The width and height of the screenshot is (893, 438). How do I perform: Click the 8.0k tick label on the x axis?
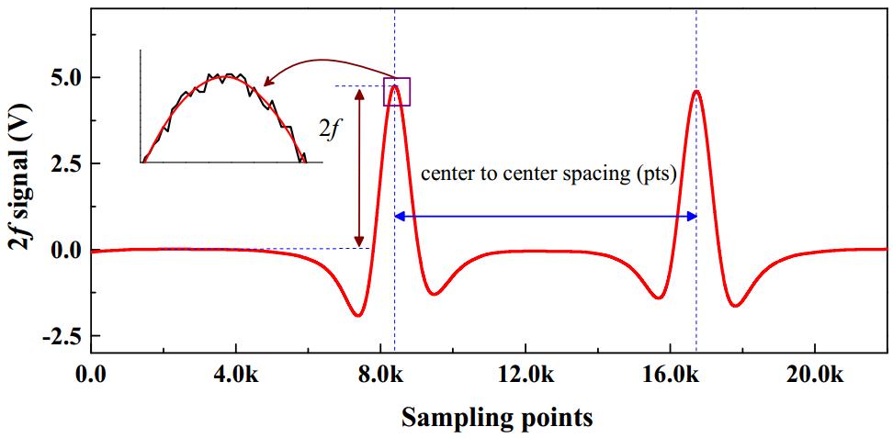pyautogui.click(x=380, y=375)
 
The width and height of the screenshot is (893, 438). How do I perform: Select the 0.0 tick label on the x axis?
pyautogui.click(x=91, y=375)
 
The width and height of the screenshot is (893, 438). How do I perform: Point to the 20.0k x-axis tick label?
pyautogui.click(x=814, y=375)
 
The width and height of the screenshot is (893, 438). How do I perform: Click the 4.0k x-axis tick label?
pyautogui.click(x=236, y=375)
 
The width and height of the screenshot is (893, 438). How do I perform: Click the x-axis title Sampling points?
pyautogui.click(x=496, y=418)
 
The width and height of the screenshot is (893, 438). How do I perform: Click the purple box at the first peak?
pyautogui.click(x=396, y=91)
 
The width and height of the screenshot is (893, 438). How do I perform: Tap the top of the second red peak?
pyautogui.click(x=696, y=91)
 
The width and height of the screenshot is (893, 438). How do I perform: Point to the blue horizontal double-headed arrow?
pyautogui.click(x=545, y=217)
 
